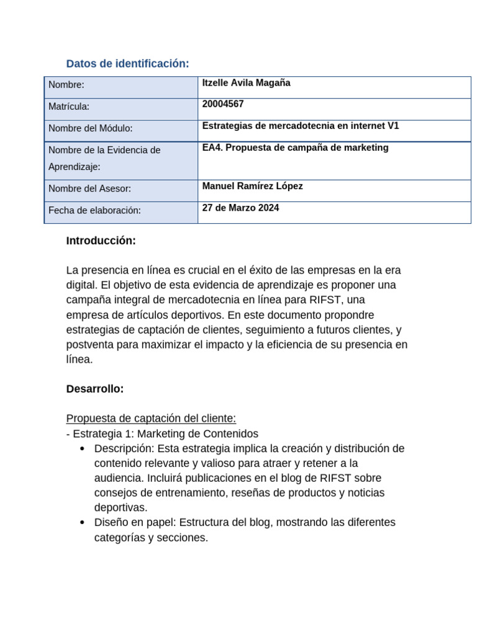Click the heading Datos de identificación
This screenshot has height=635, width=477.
click(127, 64)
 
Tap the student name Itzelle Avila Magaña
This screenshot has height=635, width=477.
click(246, 83)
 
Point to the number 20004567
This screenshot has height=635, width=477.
click(223, 104)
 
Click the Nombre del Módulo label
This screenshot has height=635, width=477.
click(91, 128)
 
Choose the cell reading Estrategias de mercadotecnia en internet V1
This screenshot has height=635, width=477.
click(301, 126)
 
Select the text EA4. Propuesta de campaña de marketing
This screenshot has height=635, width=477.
click(295, 148)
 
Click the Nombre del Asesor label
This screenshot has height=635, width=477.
click(89, 189)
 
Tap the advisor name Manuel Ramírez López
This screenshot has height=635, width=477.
click(252, 186)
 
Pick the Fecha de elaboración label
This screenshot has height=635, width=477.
click(94, 210)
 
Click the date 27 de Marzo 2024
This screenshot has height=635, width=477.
click(240, 208)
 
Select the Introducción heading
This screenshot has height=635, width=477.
click(101, 241)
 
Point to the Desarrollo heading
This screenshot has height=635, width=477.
click(95, 389)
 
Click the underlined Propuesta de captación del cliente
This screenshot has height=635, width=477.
click(151, 419)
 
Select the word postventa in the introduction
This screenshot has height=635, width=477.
click(89, 344)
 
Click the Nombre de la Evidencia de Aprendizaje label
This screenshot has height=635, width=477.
click(104, 158)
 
